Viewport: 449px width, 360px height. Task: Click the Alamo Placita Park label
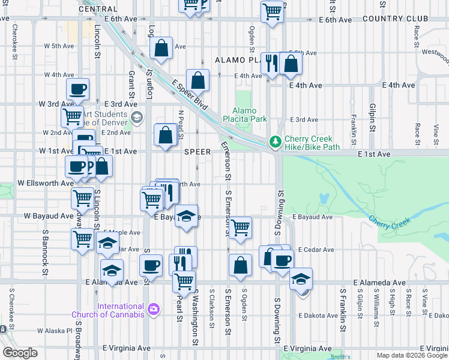(x=250, y=115)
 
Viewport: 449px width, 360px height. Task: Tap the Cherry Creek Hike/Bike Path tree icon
(x=276, y=142)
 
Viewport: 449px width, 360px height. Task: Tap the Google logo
(x=20, y=353)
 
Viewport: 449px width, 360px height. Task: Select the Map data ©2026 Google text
(x=412, y=355)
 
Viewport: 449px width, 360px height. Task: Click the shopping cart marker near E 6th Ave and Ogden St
(x=273, y=11)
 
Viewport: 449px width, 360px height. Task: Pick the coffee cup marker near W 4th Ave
(x=78, y=90)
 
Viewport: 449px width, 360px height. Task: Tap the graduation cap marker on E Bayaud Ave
(x=187, y=216)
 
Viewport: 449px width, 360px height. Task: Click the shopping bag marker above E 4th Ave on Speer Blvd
(x=197, y=80)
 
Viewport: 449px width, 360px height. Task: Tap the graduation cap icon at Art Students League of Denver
(x=137, y=117)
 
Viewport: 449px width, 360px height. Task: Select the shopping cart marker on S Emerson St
(x=240, y=227)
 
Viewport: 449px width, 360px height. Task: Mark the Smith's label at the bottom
(x=340, y=356)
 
